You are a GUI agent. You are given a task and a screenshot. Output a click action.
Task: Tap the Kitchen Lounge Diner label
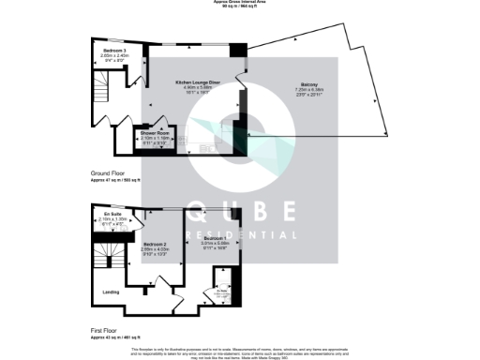(198, 82)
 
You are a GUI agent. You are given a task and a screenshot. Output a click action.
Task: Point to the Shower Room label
(155, 133)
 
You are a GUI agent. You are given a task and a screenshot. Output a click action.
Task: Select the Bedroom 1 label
(216, 238)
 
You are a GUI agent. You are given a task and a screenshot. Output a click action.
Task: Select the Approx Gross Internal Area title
(240, 3)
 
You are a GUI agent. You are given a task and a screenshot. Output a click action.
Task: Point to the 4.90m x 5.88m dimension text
(198, 88)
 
